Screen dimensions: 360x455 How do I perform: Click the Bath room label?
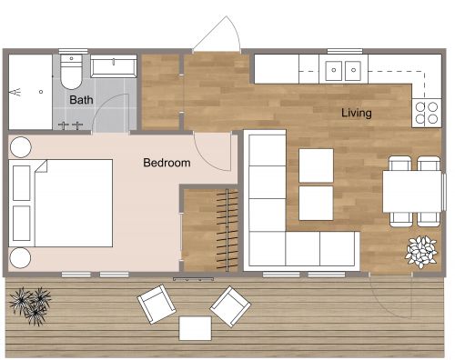81,100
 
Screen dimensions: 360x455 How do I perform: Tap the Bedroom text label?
167,164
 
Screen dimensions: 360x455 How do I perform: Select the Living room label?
357,114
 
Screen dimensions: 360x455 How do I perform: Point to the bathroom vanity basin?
113,65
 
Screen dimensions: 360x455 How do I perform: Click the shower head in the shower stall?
15,92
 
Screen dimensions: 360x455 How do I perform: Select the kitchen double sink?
344,68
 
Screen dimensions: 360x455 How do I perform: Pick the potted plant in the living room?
421,250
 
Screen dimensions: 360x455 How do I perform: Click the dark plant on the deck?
34,302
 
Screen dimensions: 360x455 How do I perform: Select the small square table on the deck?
196,327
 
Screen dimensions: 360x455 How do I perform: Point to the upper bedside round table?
21,145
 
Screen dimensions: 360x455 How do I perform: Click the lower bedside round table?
21,257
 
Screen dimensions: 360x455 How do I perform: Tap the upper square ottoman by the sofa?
316,165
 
